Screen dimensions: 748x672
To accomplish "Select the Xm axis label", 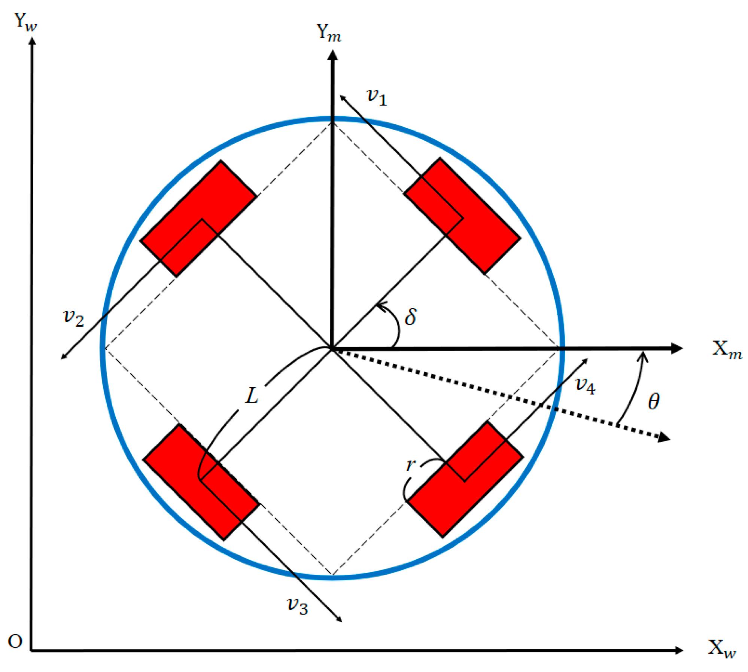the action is coord(726,350).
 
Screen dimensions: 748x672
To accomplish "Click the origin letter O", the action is coord(15,642).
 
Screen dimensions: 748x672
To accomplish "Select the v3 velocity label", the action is coord(297,606).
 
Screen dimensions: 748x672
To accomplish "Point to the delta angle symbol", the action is coord(410,317).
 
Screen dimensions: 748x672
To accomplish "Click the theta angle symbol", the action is coord(653,402).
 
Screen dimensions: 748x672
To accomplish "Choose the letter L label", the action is coord(252,395).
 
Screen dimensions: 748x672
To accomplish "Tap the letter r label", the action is coord(410,465).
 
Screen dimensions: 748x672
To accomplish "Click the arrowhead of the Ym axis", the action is coord(332,55).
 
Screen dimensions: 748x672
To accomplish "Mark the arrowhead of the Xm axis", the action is coord(677,348).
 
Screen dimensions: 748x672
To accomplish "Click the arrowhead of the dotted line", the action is coord(664,437).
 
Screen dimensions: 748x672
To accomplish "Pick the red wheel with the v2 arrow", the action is coord(198,219).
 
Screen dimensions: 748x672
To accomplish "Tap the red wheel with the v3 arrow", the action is coord(201,482).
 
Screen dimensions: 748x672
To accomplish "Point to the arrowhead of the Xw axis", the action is coord(679,650).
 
